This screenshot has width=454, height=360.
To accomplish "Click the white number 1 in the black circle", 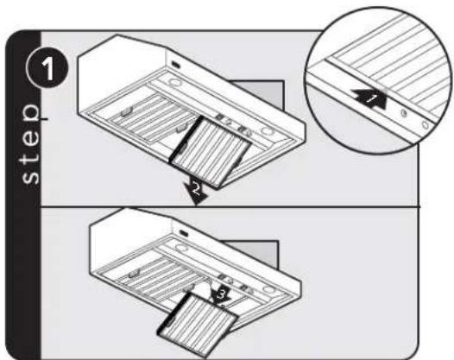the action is click(48, 69).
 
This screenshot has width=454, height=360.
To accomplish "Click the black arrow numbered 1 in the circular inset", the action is click(370, 98).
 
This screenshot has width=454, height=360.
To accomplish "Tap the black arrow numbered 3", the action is click(220, 295).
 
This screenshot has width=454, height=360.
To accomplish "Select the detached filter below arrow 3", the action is click(198, 324).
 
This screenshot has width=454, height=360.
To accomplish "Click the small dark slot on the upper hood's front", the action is click(176, 64).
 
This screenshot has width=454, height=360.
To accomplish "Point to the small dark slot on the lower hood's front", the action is click(184, 232).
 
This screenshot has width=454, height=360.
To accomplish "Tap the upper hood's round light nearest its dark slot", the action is click(175, 83).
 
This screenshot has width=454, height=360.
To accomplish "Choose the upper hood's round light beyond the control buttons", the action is click(268, 131).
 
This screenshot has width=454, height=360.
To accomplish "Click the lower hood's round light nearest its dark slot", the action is click(181, 248).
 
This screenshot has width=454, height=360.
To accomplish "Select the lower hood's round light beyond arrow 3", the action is click(268, 289).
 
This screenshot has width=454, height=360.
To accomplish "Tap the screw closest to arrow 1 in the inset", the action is click(404, 113).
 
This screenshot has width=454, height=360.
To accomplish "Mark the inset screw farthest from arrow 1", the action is click(425, 125).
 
